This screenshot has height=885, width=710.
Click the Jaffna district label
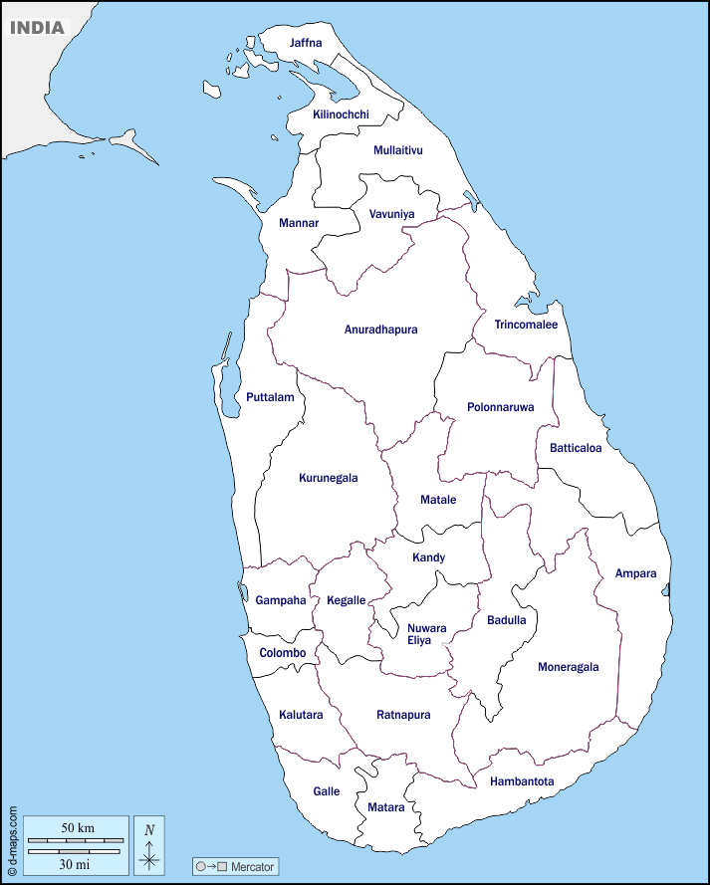(306, 43)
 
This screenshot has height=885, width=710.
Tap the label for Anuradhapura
(380, 330)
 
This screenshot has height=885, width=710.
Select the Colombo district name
(282, 653)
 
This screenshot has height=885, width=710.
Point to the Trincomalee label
(526, 325)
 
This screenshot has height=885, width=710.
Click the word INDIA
(37, 28)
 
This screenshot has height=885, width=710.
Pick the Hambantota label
(522, 781)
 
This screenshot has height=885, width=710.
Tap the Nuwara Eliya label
(426, 634)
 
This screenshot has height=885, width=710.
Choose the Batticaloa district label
(576, 448)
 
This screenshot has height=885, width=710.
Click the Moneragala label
(569, 667)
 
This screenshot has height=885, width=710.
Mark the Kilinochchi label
(341, 114)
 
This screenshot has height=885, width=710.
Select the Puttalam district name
(270, 397)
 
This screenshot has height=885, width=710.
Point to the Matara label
(386, 807)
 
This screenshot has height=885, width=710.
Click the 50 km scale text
(77, 828)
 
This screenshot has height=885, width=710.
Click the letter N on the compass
(149, 829)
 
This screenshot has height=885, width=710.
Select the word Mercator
(252, 867)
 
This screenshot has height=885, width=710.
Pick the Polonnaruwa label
(500, 407)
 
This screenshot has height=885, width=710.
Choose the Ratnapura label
(403, 715)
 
